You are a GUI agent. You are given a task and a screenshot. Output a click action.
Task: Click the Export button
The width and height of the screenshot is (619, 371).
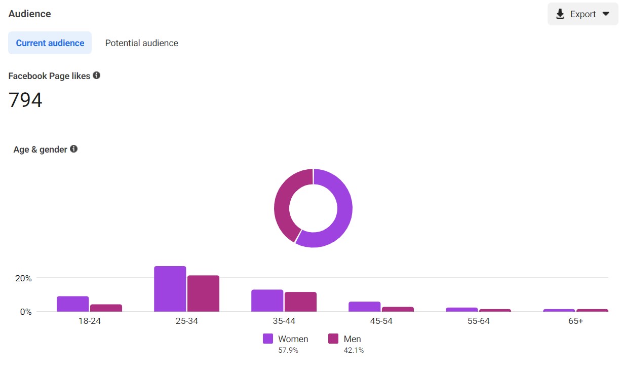tap(583, 14)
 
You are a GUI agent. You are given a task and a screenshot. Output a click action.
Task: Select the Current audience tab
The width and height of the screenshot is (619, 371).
tap(50, 43)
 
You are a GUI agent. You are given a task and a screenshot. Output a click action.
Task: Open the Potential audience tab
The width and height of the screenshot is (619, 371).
tap(141, 43)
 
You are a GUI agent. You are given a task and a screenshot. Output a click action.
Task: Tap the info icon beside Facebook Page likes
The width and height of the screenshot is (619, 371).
tap(96, 76)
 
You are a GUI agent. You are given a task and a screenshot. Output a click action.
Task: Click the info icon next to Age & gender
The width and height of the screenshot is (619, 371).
tap(73, 149)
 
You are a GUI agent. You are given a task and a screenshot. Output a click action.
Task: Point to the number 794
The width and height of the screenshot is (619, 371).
tap(25, 100)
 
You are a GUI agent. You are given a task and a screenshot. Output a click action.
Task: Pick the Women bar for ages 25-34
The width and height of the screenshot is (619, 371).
tap(170, 289)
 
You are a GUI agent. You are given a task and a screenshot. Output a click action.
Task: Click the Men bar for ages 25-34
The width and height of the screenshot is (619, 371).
tap(203, 293)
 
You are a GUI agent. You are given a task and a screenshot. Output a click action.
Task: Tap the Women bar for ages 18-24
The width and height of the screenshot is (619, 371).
tap(72, 304)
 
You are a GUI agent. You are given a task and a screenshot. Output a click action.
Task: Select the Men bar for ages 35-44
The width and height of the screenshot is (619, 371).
tap(300, 302)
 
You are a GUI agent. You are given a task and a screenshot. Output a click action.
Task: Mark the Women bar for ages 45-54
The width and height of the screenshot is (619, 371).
tap(364, 307)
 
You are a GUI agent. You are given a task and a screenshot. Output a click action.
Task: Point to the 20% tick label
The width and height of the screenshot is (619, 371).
tap(22, 278)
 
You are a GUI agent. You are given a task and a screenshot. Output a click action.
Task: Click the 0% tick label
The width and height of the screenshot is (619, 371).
tap(25, 312)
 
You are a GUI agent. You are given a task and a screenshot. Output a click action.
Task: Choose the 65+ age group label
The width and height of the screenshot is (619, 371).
tap(575, 321)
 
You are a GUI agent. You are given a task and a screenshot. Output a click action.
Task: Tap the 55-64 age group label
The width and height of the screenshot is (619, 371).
tap(478, 321)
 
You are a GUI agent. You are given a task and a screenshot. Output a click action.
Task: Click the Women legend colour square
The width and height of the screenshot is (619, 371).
tap(268, 339)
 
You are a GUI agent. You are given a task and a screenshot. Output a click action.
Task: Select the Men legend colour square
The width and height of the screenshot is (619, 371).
tap(333, 339)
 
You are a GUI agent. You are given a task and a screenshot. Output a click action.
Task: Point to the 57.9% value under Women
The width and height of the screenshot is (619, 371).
tap(288, 350)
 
